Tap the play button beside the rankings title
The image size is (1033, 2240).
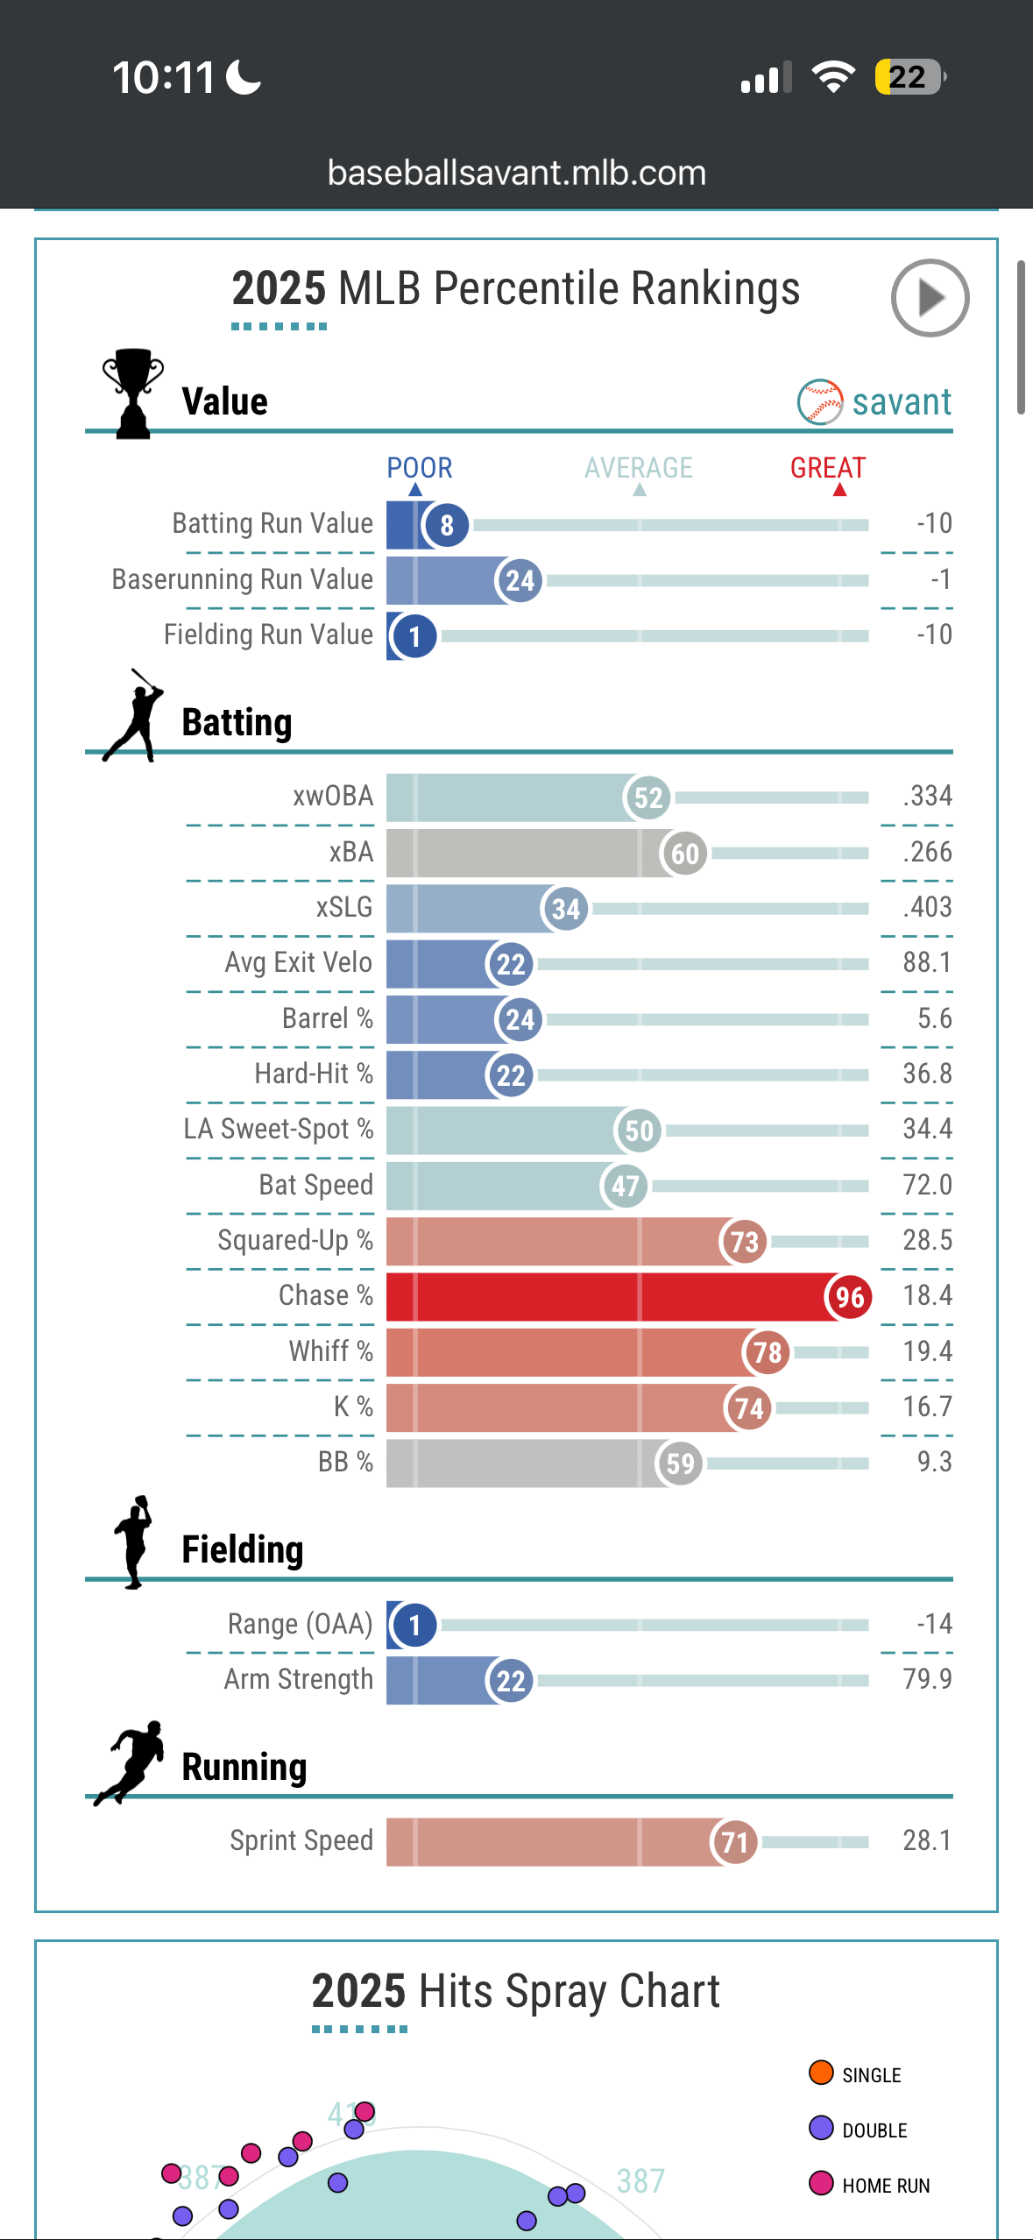click(x=930, y=298)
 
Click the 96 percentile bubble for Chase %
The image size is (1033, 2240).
click(x=849, y=1297)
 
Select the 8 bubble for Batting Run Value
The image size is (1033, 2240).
click(x=447, y=525)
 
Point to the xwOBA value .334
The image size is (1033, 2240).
click(x=927, y=796)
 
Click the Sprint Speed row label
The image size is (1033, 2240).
click(x=301, y=1840)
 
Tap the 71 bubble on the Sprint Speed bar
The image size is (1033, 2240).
click(x=734, y=1842)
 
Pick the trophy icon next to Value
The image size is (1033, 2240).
click(x=132, y=393)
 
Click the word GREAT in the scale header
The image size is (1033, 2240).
click(x=827, y=468)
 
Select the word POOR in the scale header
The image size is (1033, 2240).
click(x=420, y=468)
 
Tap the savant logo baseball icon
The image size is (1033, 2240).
click(x=820, y=401)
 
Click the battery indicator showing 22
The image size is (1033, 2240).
click(x=909, y=77)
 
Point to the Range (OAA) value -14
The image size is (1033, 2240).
click(x=934, y=1624)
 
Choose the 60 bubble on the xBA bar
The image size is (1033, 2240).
click(x=685, y=853)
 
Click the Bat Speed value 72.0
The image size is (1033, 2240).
click(x=927, y=1185)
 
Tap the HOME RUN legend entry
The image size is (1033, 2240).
click(x=885, y=2186)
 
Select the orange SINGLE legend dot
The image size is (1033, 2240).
click(x=821, y=2073)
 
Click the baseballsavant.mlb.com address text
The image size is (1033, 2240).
click(x=516, y=173)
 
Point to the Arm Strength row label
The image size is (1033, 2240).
click(x=299, y=1679)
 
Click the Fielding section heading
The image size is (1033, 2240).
click(x=243, y=1549)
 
